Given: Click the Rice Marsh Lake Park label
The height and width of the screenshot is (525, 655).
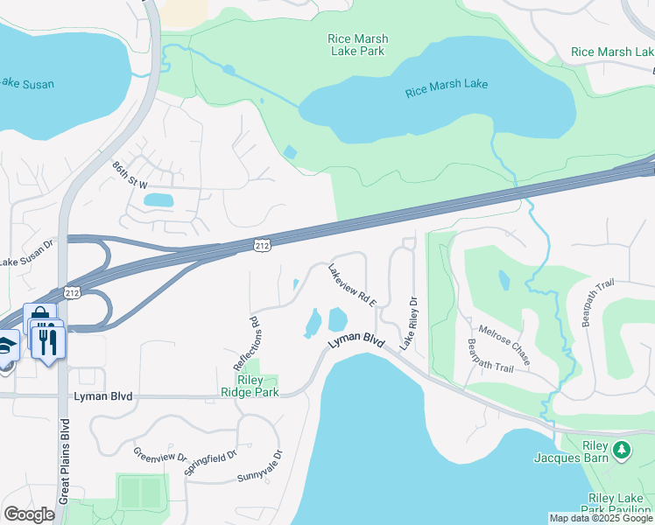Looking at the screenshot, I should [357, 45].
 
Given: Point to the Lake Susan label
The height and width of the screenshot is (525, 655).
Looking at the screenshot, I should [26, 84].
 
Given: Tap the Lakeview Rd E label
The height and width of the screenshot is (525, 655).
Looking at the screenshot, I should [352, 285].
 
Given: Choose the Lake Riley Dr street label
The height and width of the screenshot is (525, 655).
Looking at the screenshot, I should [408, 324].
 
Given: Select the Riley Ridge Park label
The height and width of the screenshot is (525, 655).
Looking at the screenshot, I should [257, 387].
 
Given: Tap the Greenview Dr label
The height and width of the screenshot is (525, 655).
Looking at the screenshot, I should [159, 456].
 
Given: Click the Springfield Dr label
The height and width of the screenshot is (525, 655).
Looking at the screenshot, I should [211, 463].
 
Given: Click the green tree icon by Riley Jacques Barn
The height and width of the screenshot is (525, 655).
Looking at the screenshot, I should [622, 450].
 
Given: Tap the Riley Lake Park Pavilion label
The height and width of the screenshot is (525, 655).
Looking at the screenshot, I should [617, 504].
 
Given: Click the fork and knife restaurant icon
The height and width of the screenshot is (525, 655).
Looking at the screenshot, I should [49, 339].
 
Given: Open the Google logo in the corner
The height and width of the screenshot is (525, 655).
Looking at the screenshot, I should [29, 514].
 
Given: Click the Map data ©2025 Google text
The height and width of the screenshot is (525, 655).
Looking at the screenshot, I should [601, 518].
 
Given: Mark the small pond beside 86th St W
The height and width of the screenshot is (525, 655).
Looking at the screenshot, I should [158, 200].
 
